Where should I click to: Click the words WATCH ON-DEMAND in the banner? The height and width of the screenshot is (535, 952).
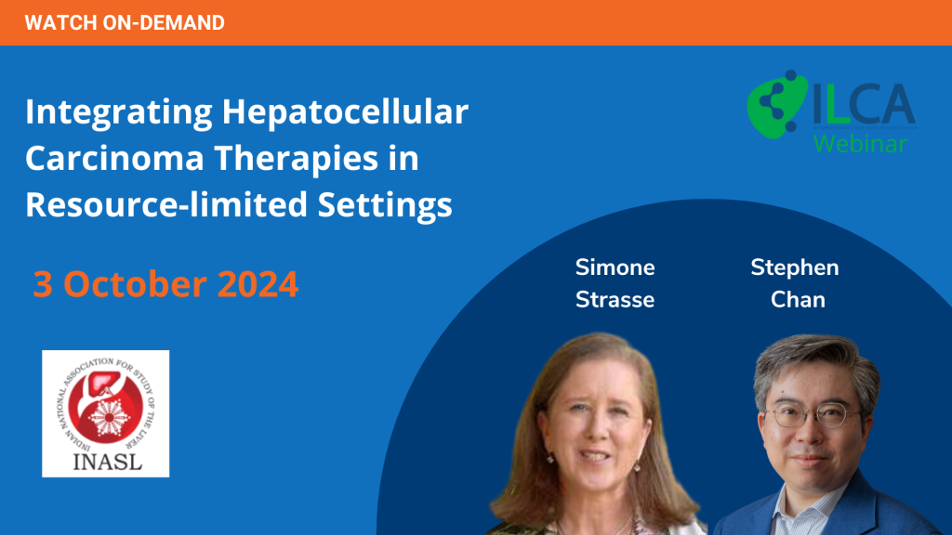125,23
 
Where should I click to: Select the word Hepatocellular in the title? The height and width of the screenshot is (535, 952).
345,111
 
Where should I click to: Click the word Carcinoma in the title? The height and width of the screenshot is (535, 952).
114,158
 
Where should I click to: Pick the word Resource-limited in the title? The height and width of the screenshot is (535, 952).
166,204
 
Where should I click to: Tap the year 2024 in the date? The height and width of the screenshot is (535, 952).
258,284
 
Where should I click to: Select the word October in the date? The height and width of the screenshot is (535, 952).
135,284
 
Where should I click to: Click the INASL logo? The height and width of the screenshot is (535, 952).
106,413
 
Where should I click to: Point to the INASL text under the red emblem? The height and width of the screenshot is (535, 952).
108,462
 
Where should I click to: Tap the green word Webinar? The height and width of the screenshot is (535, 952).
860,144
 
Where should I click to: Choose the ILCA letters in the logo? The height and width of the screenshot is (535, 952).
864,104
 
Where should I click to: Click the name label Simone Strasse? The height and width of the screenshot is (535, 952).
615,283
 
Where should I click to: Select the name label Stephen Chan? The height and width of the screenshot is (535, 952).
796,283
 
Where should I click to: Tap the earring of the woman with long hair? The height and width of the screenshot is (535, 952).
637,467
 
